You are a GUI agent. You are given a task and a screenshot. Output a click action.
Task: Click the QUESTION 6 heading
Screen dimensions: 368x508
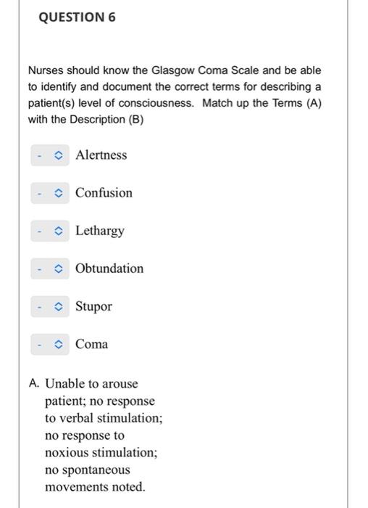[x=77, y=17]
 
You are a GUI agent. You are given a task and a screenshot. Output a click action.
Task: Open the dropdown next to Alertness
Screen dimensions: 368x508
[x=50, y=155]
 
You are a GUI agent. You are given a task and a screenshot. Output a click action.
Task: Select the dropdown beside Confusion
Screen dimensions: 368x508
[x=50, y=193]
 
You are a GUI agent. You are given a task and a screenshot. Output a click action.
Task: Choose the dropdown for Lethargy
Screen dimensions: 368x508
[x=50, y=231]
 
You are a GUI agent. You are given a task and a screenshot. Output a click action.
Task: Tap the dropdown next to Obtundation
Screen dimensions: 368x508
[x=50, y=269]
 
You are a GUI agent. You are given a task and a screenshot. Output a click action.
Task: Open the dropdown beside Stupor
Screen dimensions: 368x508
[x=50, y=306]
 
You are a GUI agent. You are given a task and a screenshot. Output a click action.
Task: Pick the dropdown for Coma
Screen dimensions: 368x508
[x=50, y=344]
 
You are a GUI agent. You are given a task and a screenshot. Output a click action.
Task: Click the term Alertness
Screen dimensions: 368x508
[x=101, y=155]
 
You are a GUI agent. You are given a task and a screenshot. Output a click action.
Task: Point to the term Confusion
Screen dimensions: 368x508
[x=104, y=193]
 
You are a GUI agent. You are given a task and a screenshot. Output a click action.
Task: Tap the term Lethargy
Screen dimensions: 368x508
[x=100, y=232]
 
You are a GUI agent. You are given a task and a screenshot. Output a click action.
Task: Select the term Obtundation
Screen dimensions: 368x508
[x=109, y=269]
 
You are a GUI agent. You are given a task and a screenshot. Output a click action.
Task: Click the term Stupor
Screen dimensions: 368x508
[x=93, y=306]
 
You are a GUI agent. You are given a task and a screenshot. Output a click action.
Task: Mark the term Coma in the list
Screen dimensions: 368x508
[x=91, y=344]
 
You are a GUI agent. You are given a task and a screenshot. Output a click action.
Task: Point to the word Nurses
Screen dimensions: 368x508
[x=47, y=70]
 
